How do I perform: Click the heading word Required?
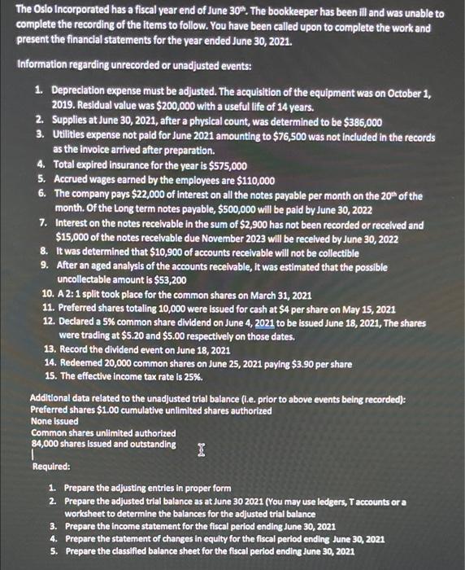coord(50,467)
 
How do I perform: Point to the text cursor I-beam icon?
coord(199,449)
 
